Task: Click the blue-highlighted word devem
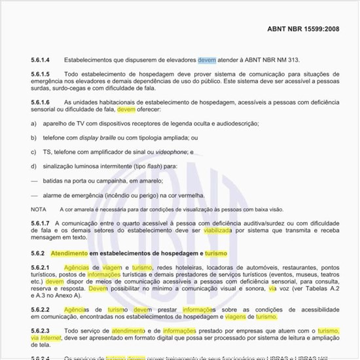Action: (x=206, y=60)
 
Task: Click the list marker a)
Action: (x=34, y=124)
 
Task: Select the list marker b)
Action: (x=34, y=138)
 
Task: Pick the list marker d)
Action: (x=34, y=166)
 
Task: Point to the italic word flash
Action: (x=154, y=166)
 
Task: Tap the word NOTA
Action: (x=38, y=209)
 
